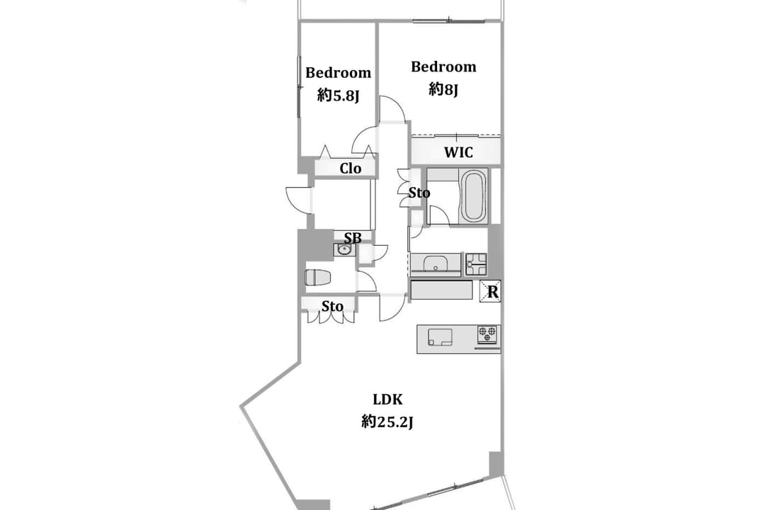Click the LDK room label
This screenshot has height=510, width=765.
pos(388,399)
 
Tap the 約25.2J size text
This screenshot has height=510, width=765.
pos(387,421)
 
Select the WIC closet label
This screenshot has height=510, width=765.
pos(458,152)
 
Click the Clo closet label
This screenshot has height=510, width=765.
pos(351,169)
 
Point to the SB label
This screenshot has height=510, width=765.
pos(353,238)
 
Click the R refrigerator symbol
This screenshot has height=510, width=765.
pos(490,291)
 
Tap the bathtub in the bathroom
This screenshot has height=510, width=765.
pos(473,195)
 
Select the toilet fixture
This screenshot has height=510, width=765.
pos(317,278)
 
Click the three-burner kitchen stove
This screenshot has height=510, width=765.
pos(488,334)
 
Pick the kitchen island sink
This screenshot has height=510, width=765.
pos(440,336)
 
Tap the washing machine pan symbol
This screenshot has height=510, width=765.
pos(476,264)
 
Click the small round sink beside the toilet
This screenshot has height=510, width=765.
pos(344,250)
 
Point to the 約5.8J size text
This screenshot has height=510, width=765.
pos(338,95)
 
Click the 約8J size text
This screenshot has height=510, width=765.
pos(443,89)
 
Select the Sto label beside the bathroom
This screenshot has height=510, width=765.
pos(419,193)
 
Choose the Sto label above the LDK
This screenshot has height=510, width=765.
pos(332,306)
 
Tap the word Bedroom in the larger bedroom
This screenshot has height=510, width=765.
pos(443,67)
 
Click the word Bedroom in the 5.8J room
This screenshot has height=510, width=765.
pos(338,73)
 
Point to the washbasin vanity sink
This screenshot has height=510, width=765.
pos(435,263)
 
